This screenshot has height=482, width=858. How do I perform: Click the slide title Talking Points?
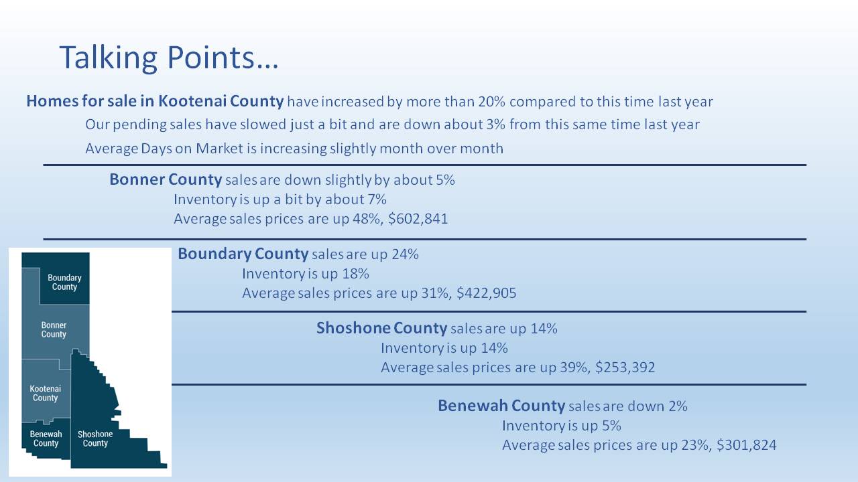click(x=169, y=58)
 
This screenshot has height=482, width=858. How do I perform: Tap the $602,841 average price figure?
click(x=418, y=219)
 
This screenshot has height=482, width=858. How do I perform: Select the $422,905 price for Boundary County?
click(x=487, y=293)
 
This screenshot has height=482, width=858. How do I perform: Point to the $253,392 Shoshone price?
click(x=625, y=368)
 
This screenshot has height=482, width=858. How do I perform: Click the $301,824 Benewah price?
click(x=747, y=445)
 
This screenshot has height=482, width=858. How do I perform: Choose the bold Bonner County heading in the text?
click(x=166, y=179)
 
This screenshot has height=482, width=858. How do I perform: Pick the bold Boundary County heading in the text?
click(x=243, y=254)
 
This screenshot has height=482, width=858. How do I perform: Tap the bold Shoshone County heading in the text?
click(x=381, y=328)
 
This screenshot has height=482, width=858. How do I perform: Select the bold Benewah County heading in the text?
click(x=501, y=406)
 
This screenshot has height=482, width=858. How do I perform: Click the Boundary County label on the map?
click(x=64, y=283)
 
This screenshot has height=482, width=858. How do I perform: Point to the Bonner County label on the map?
click(x=54, y=329)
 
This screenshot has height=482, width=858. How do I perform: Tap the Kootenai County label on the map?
click(x=45, y=393)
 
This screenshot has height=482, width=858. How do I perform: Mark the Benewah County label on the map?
click(x=46, y=438)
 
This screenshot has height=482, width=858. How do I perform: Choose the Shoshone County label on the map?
click(x=95, y=438)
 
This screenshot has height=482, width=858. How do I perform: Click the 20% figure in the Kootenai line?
click(x=491, y=102)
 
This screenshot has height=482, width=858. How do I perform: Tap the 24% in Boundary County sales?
click(x=405, y=254)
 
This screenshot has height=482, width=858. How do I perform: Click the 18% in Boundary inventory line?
click(x=355, y=274)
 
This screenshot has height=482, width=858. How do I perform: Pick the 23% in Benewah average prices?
click(x=695, y=445)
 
